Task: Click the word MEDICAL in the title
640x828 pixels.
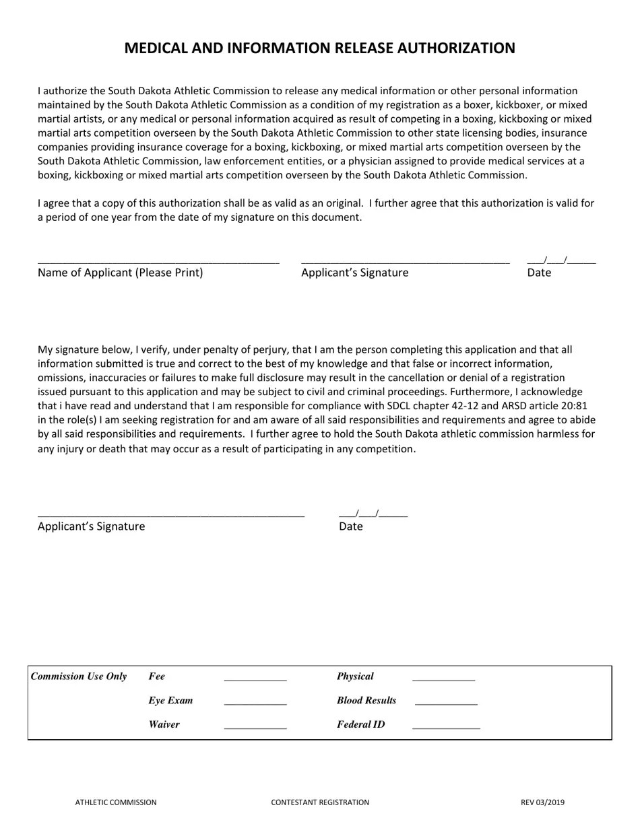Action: click(154, 48)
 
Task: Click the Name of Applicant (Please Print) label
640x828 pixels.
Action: click(120, 273)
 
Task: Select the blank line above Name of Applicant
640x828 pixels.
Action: click(158, 262)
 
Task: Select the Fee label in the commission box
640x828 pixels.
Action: click(156, 677)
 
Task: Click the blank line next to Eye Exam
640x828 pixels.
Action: click(255, 703)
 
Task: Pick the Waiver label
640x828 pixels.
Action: click(164, 725)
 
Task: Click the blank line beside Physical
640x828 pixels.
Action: click(443, 680)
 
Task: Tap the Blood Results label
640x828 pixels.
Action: click(366, 701)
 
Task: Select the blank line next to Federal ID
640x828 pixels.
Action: click(446, 728)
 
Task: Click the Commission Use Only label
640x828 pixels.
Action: click(79, 677)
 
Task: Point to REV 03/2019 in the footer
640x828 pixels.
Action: click(542, 802)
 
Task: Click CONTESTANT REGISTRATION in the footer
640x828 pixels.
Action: click(320, 802)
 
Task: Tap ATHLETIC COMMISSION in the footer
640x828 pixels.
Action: click(116, 802)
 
